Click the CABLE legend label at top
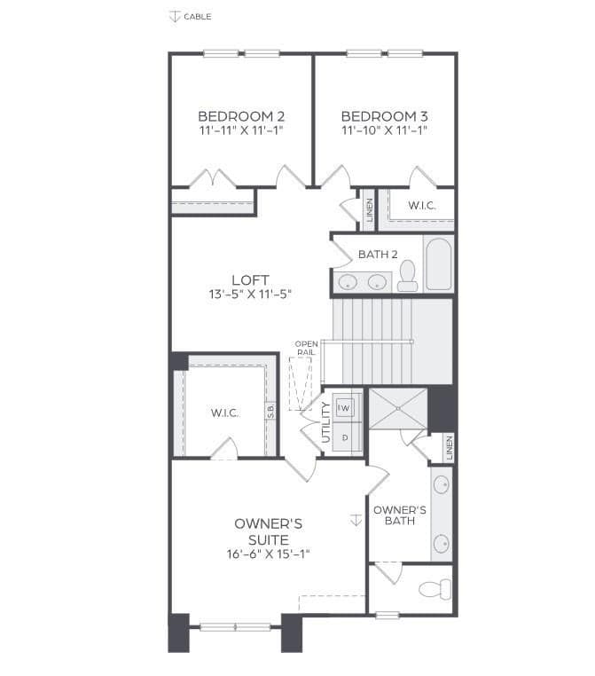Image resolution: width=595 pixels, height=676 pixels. pos(198,17)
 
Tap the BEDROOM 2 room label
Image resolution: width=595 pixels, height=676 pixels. pos(241,116)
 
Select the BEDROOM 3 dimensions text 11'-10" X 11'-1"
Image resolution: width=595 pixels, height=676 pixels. pos(384,130)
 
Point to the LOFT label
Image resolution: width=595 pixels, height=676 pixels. pos(250,280)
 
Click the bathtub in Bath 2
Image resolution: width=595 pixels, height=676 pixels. pos(439,263)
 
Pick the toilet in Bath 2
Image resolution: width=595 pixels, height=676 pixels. pos(407,276)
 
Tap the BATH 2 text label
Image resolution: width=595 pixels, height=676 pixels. pos(378,255)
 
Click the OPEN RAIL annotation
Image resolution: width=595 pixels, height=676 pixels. pos(306,348)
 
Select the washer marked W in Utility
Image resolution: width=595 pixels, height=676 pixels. pos(344,407)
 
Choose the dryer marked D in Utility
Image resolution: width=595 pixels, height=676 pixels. pos(345,438)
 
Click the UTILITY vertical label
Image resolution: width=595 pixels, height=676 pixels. pos(325,422)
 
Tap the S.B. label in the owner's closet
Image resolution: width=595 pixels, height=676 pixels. pos(270,411)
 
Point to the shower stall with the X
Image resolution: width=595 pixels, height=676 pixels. pos(398,408)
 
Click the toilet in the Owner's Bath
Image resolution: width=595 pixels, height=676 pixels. pos(435,589)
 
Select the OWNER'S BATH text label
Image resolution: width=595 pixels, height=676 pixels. pos(400,515)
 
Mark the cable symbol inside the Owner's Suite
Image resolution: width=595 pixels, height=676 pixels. pos(356,520)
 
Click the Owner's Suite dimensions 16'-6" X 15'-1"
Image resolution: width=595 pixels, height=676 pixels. pos(269,554)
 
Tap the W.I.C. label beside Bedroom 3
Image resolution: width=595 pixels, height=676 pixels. pos(422,206)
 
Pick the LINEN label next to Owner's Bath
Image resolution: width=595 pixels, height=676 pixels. pos(450,448)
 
